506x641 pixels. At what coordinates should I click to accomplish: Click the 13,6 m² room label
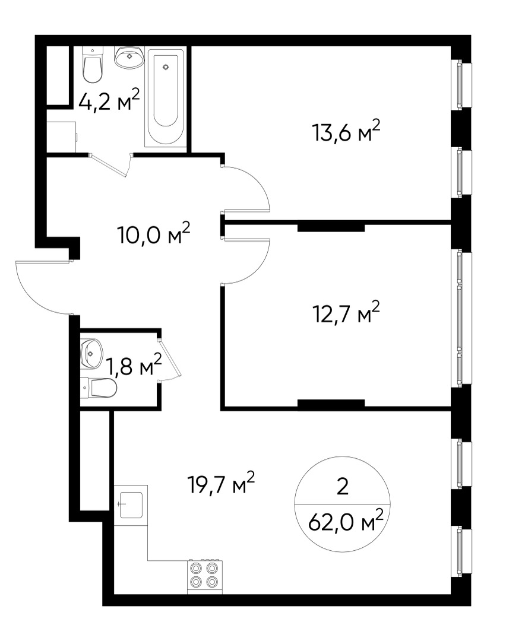[x=346, y=131]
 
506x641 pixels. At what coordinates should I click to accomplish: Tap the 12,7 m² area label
[x=346, y=313]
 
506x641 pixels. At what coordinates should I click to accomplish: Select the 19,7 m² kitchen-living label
[x=221, y=483]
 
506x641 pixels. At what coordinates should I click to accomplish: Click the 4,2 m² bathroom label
[x=109, y=100]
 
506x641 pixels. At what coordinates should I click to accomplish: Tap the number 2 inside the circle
[x=342, y=487]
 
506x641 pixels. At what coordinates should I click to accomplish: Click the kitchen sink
[x=131, y=505]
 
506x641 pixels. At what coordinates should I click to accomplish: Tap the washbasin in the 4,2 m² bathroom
[x=129, y=57]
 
